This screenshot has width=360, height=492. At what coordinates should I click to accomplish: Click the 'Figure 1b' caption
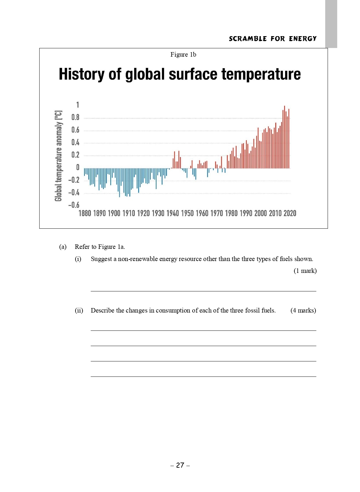tap(183, 54)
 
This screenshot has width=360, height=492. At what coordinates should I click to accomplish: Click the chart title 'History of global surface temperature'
tap(180, 74)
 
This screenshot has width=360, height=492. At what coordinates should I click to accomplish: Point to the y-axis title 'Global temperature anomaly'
tap(58, 156)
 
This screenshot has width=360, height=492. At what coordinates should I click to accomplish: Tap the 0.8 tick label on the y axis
tap(75, 117)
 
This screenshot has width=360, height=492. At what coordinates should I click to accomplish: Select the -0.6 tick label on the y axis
tap(74, 205)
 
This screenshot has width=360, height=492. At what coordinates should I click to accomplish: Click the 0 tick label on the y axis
tap(77, 167)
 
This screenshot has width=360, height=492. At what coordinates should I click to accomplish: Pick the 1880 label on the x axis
tap(85, 213)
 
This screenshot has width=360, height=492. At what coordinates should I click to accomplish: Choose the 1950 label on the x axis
tap(187, 213)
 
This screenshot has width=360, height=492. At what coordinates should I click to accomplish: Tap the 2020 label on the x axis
tap(290, 213)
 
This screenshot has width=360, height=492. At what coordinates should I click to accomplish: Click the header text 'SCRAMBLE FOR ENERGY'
tap(273, 39)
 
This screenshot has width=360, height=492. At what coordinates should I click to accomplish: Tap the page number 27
tap(180, 465)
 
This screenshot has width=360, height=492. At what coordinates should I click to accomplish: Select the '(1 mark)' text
tap(305, 271)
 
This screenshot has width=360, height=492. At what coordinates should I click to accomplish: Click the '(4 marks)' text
tap(303, 310)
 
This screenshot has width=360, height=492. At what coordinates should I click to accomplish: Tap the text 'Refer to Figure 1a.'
tap(100, 247)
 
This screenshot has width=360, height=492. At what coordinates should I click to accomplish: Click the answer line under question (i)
tap(203, 290)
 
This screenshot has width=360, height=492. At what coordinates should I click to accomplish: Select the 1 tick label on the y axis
tap(77, 105)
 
